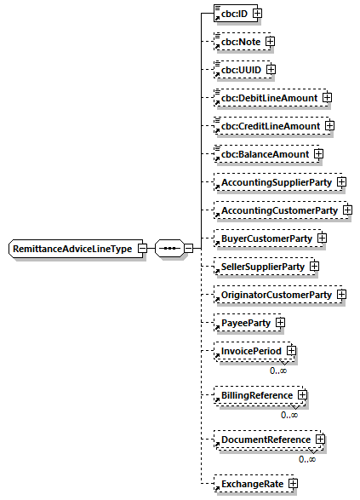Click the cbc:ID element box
(231, 13)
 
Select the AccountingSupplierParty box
(273, 182)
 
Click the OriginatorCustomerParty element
(273, 295)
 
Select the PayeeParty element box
(242, 323)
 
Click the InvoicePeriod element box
(248, 351)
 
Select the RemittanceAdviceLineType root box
(72, 248)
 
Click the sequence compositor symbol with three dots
(168, 248)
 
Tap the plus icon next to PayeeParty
(280, 323)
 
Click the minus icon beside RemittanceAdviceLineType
(142, 248)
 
